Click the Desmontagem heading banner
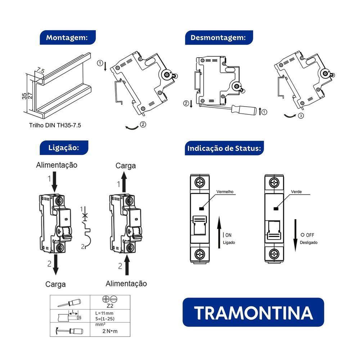(x=219, y=38)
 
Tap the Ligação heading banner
(x=63, y=148)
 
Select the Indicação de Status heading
(x=224, y=148)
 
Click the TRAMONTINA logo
(x=253, y=312)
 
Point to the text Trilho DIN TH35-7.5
(x=55, y=126)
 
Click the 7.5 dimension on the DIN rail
(x=40, y=71)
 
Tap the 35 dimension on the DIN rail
(x=24, y=96)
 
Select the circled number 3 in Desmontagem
(x=301, y=116)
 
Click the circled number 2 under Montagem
(x=143, y=125)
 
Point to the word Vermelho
(x=225, y=192)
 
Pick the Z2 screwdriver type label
(x=110, y=306)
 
